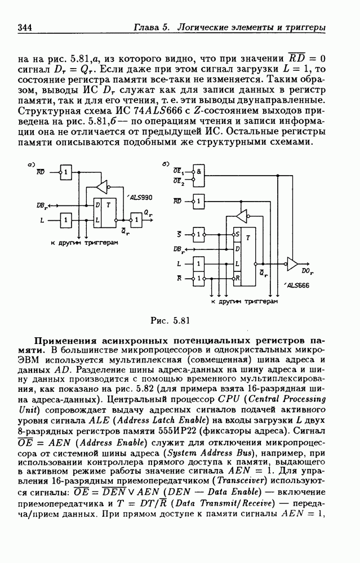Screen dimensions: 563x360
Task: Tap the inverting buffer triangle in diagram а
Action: click(x=101, y=185)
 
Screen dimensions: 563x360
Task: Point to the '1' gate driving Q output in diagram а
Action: click(x=136, y=218)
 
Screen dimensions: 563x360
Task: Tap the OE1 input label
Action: click(x=179, y=169)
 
